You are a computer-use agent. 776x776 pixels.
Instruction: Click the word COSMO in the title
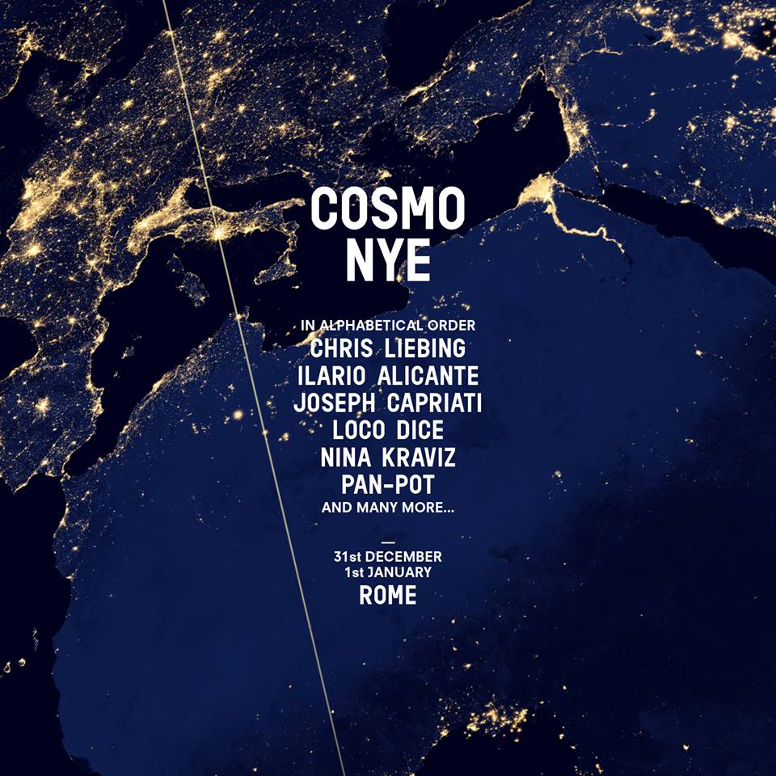click(x=387, y=209)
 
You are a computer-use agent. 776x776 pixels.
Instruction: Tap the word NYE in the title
click(x=388, y=260)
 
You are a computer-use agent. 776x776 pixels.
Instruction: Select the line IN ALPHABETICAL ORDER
click(x=388, y=325)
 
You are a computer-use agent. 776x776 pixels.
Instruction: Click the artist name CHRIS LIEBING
click(x=388, y=348)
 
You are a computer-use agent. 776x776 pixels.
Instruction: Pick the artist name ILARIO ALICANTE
click(x=388, y=376)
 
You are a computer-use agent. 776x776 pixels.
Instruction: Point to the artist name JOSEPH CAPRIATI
click(x=388, y=403)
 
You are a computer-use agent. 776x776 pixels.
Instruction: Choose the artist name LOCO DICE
click(x=388, y=430)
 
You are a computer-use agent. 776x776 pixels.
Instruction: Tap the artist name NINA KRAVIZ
click(x=388, y=458)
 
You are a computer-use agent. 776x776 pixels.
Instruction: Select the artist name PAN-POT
click(x=388, y=484)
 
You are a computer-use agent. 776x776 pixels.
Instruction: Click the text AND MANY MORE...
click(x=388, y=508)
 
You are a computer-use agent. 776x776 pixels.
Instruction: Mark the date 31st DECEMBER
click(x=388, y=557)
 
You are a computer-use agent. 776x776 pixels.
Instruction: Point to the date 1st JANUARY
click(x=388, y=572)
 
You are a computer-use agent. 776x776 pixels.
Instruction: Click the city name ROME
click(x=388, y=596)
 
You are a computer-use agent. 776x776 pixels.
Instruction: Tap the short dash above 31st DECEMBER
click(x=389, y=542)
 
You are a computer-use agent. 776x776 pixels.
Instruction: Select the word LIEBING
click(x=426, y=348)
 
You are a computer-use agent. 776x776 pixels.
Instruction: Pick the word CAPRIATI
click(x=435, y=403)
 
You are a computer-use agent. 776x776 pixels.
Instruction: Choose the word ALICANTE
click(x=428, y=376)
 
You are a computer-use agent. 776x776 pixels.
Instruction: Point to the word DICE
click(x=420, y=430)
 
